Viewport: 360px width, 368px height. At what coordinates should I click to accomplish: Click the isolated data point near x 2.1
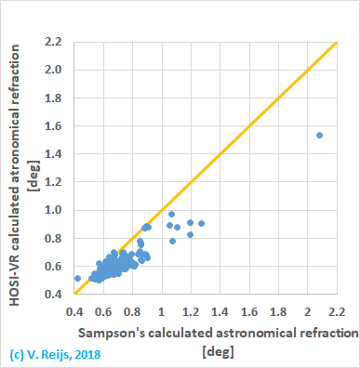(319, 135)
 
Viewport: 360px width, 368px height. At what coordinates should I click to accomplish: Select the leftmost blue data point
(78, 278)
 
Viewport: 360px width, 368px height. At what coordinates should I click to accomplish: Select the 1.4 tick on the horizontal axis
(220, 308)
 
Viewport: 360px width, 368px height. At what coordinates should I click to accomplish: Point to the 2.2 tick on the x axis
(335, 308)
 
